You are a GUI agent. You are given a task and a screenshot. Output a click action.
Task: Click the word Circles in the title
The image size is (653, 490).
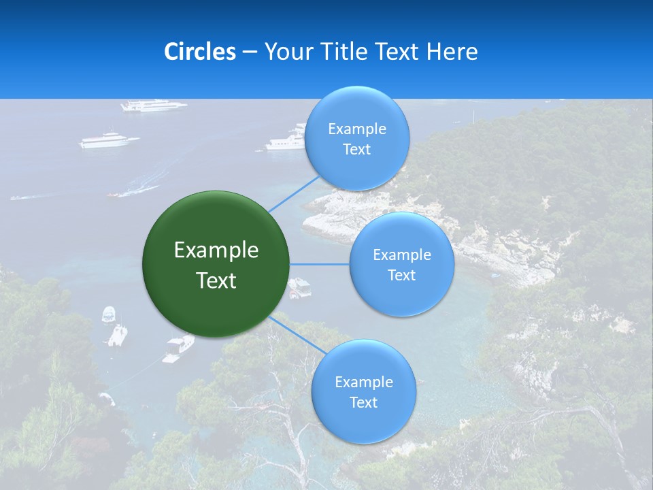point(199,52)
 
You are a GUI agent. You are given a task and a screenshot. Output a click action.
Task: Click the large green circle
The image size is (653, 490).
point(216,264)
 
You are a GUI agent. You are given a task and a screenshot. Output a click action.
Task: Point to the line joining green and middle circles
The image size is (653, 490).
point(320,264)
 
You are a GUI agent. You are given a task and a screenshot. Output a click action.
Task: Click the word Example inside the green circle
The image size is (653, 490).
point(216,250)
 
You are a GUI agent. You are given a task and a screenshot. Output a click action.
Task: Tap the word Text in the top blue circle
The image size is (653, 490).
point(357,150)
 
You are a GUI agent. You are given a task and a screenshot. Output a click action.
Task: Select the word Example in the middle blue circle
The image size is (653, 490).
point(402,255)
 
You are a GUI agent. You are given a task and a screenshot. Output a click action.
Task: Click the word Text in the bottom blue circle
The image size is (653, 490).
point(364,403)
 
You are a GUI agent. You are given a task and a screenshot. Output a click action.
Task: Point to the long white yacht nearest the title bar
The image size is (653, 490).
point(154,105)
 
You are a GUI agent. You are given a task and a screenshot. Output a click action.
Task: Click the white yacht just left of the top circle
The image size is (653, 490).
point(286,142)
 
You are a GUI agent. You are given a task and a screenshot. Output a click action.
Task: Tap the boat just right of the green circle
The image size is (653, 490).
point(300,288)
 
